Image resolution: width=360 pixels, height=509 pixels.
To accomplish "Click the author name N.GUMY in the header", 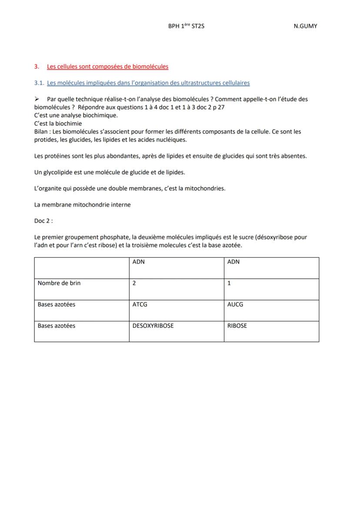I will tap(305, 26).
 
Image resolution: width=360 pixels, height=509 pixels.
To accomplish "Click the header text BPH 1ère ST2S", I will tap(186, 26).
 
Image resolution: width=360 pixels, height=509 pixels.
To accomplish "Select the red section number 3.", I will tap(36, 67).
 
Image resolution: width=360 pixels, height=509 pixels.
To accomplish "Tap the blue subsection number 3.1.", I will tap(39, 83).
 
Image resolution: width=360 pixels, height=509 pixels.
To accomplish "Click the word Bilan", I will tap(41, 131).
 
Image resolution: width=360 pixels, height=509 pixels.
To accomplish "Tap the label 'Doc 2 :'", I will tap(43, 221).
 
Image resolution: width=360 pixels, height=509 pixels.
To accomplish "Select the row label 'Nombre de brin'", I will tap(59, 283).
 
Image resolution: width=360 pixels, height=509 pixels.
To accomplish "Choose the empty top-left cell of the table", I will tap(81, 268).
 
